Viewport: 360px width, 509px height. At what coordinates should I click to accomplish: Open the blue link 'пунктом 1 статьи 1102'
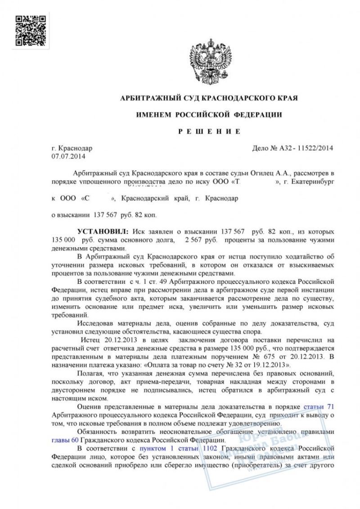coord(179,448)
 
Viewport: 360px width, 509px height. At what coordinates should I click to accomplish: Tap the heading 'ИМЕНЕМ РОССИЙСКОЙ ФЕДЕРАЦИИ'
coord(209,115)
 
